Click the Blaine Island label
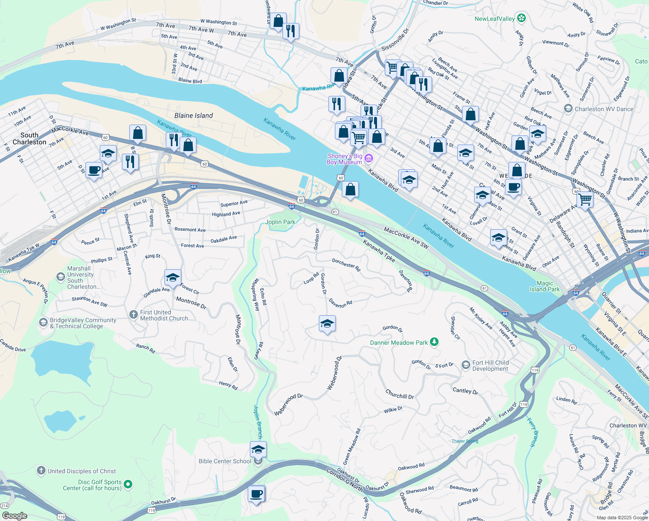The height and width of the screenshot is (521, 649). point(193,115)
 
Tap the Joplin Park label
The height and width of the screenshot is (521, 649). point(280,222)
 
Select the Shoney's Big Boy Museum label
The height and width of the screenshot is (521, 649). point(344,159)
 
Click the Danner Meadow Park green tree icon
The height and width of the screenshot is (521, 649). point(434,343)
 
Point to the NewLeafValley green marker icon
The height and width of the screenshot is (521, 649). point(522,18)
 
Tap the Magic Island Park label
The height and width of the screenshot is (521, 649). point(544,286)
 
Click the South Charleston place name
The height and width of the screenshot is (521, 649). point(29,138)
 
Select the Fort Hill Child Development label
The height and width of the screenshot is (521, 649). point(490,366)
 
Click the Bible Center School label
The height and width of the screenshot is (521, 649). point(225,461)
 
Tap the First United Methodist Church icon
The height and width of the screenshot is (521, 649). point(133,314)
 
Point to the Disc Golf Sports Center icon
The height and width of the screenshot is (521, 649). point(128,484)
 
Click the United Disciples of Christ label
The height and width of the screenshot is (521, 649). point(82,471)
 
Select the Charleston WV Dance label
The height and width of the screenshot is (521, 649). point(604,109)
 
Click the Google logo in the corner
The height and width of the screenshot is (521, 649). point(14,516)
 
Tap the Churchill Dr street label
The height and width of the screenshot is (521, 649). point(400,394)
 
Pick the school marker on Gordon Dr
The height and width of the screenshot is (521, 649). point(327,323)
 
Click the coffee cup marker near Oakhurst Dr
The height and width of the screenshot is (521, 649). point(256,494)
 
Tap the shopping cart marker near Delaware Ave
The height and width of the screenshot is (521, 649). point(585,200)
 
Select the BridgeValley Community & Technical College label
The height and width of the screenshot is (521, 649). point(82,323)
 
